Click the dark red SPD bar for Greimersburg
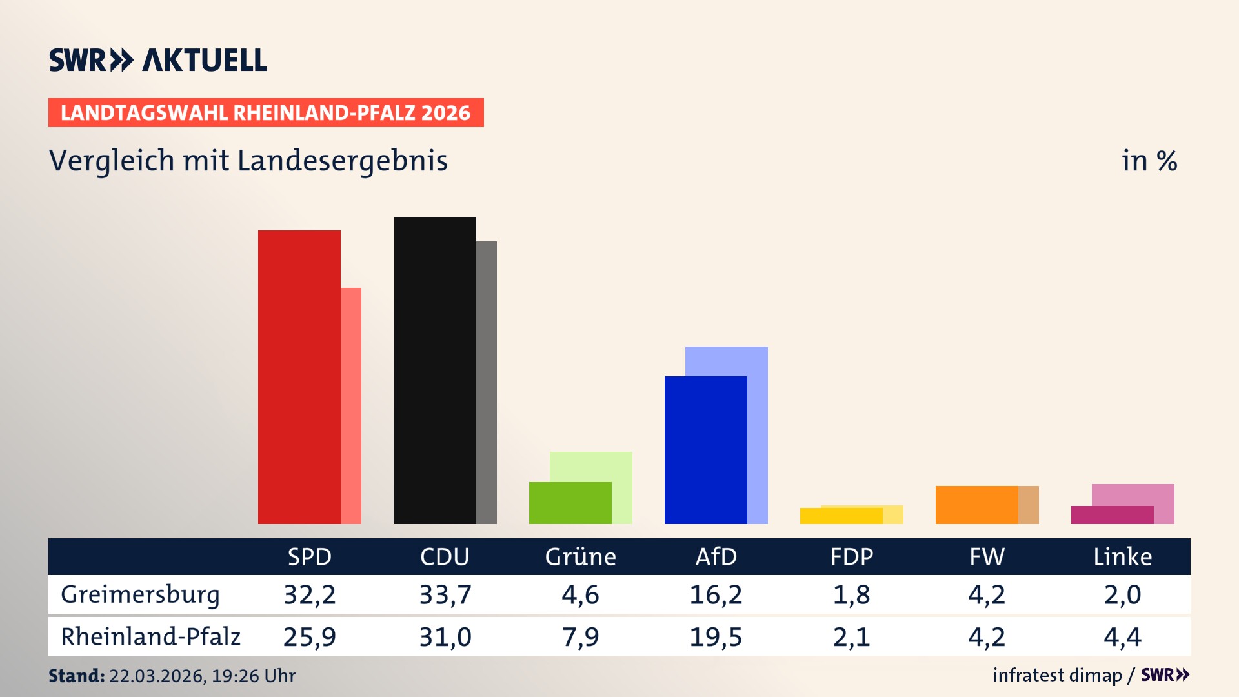pos(299,377)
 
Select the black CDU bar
pos(434,370)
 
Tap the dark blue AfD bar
pos(705,450)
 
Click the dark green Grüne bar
pos(570,503)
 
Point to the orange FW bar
pos(976,505)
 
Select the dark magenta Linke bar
pos(1112,515)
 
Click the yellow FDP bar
pos(841,516)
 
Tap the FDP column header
pos(851,556)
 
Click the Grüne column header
pos(580,556)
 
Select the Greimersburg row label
pos(140,594)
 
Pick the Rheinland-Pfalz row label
pos(150,637)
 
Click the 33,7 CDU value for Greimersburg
pos(445,594)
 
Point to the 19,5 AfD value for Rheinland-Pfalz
pos(716,637)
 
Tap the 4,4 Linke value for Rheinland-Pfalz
pos(1122,637)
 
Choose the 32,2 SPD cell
pos(310,594)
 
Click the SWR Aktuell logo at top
pos(158,60)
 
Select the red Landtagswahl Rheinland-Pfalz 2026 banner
pos(266,113)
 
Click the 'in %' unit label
pos(1149,161)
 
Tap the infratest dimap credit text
pos(1057,675)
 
